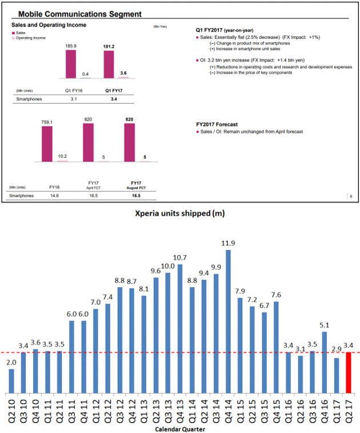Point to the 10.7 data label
pyautogui.click(x=180, y=257)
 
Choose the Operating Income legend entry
pyautogui.click(x=29, y=38)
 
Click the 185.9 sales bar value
pyautogui.click(x=71, y=45)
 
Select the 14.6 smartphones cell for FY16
pyautogui.click(x=55, y=196)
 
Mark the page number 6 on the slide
pyautogui.click(x=350, y=196)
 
